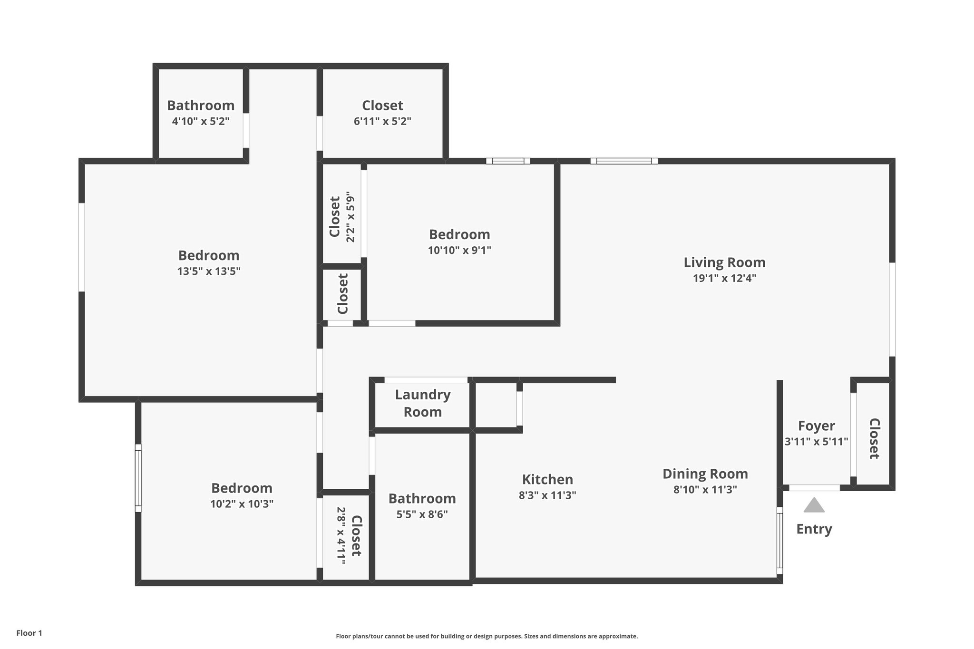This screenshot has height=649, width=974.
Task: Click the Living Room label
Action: pos(724,262)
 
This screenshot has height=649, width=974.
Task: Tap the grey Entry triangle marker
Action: pos(814,505)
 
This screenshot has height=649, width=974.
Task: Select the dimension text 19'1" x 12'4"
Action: pos(724,278)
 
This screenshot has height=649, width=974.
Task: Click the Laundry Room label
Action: pos(422,403)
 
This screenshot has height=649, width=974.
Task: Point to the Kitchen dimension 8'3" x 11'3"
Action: pos(547,495)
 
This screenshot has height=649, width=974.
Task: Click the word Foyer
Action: pos(816,426)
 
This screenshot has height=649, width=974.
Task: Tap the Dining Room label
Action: pos(705,474)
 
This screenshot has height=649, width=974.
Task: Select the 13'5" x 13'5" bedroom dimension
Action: pos(209,271)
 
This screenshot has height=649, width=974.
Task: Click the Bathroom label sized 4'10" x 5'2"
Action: pos(200,106)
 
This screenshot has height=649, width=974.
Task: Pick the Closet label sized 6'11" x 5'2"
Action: pos(382,106)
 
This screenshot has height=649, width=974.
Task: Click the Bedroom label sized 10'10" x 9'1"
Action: pos(459,234)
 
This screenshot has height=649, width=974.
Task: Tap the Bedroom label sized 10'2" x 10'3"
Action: pos(242,488)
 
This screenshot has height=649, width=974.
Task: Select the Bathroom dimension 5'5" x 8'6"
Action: pos(422,514)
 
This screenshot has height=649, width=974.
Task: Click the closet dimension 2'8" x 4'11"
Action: pos(341,536)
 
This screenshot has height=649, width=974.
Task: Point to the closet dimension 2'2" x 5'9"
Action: pos(351,217)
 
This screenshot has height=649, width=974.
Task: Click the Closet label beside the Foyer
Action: pos(874,438)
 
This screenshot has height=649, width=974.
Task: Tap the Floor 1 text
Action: pos(29,633)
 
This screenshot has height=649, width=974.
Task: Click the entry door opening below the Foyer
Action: pos(814,488)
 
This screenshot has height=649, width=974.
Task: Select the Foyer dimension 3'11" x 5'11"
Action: pos(816,442)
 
